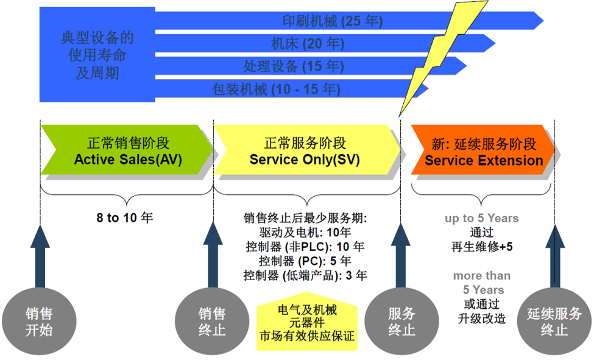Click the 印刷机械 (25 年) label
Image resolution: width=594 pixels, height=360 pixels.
pyautogui.click(x=333, y=21)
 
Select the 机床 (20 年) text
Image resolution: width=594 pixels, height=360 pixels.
pyautogui.click(x=307, y=44)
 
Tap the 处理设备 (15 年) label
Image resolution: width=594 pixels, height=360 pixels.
pyautogui.click(x=293, y=66)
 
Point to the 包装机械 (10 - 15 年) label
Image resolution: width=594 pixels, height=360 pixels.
pyautogui.click(x=276, y=90)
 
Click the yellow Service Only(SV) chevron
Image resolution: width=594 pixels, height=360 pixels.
pyautogui.click(x=305, y=152)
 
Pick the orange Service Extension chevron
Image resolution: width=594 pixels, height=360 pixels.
pyautogui.click(x=483, y=152)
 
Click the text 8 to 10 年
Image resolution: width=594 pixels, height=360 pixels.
pyautogui.click(x=125, y=217)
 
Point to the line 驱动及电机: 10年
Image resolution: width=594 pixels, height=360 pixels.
pyautogui.click(x=305, y=232)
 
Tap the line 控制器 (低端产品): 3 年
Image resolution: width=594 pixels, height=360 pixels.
pyautogui.click(x=305, y=275)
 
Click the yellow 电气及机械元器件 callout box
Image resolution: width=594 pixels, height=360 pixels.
pyautogui.click(x=306, y=323)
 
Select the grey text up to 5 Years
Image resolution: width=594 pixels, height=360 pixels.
pyautogui.click(x=481, y=218)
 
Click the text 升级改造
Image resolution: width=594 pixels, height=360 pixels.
pyautogui.click(x=481, y=318)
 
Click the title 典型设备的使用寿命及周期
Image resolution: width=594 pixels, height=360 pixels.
pyautogui.click(x=97, y=56)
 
